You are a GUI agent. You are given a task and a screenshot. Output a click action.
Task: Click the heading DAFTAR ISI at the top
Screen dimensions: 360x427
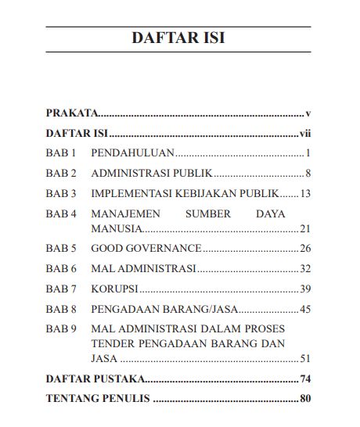point(178,38)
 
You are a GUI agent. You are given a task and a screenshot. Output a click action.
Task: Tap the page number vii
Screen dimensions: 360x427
point(306,133)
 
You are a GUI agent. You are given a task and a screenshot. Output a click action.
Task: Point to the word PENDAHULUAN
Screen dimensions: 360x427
point(132,152)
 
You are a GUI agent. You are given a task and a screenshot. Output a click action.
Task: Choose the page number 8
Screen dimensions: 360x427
point(309,173)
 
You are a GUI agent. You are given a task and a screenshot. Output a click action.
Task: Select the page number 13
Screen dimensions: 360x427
point(306,192)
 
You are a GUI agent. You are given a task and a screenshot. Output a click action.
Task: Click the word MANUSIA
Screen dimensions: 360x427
point(116,228)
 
